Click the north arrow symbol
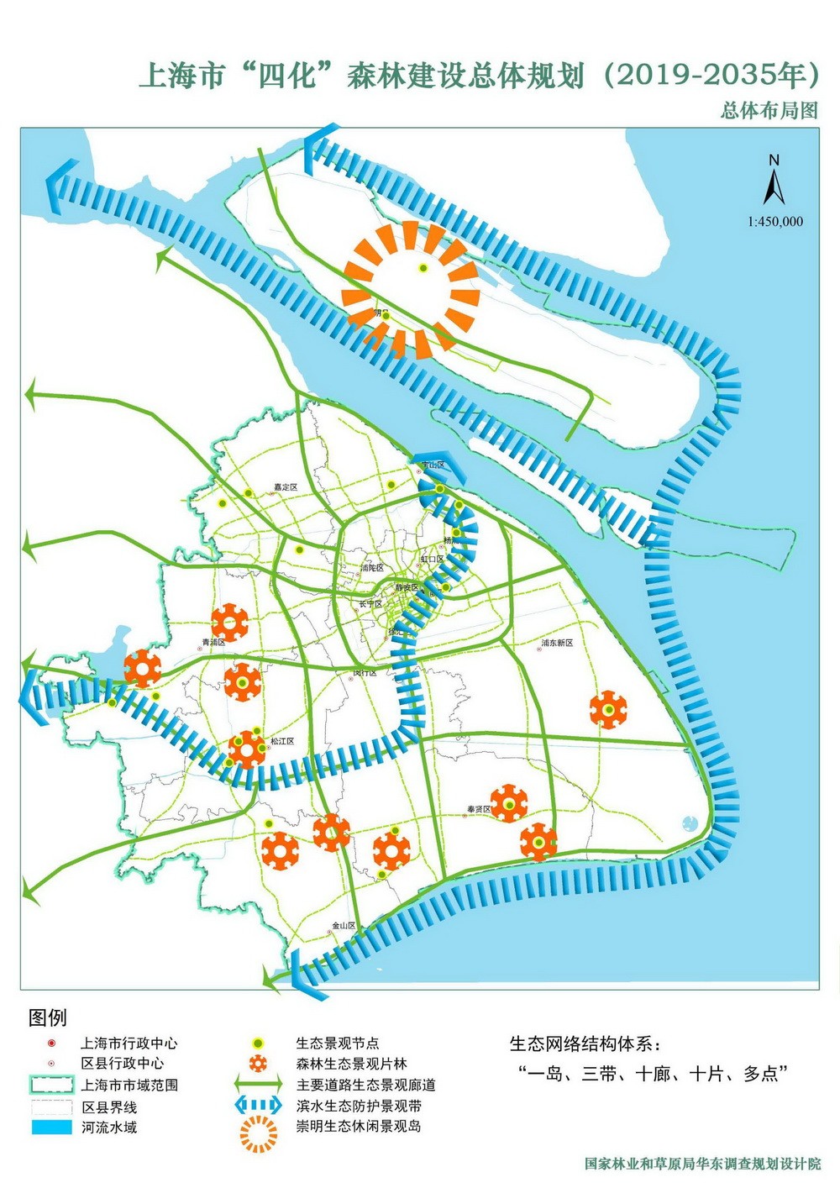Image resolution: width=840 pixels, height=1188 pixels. coord(774,181)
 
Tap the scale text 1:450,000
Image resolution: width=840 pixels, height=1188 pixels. coord(774,222)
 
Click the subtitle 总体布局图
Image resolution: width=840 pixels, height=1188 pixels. coord(769,110)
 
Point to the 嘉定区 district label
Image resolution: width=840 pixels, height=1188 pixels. coord(286,486)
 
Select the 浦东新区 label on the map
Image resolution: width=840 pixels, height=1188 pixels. coord(557,643)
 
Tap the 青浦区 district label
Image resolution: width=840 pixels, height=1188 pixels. coord(214,643)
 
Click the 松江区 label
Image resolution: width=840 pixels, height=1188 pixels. coord(282,741)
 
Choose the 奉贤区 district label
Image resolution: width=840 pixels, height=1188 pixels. coord(479,809)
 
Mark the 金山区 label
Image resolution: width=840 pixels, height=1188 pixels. coord(344,925)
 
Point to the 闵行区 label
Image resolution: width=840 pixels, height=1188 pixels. coord(365,673)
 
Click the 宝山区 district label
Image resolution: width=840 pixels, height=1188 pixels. coord(433,465)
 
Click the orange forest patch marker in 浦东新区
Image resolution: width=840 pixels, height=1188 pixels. coord(608,710)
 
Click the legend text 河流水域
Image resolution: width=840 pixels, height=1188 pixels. coord(109,1128)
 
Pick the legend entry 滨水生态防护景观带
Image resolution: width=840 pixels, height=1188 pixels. coord(359,1106)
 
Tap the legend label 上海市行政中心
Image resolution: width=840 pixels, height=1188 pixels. coord(129,1043)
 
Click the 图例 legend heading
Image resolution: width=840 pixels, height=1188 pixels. coord(47,1017)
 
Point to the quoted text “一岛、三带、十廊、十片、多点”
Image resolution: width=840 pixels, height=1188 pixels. coord(654,1074)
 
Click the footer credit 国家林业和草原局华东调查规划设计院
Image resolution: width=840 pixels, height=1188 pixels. coord(702,1164)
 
